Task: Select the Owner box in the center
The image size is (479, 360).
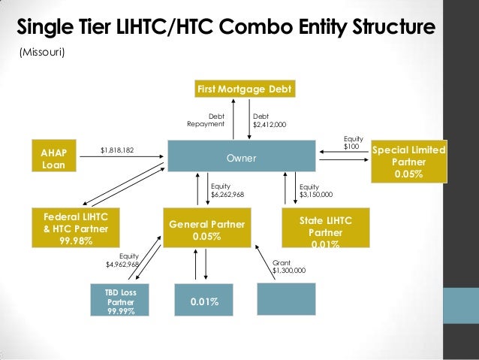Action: pyautogui.click(x=241, y=159)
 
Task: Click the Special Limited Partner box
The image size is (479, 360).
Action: pyautogui.click(x=409, y=162)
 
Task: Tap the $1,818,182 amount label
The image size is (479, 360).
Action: pyautogui.click(x=117, y=150)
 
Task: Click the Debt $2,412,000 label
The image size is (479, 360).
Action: pyautogui.click(x=269, y=120)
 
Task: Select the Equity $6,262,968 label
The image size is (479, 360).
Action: pyautogui.click(x=227, y=190)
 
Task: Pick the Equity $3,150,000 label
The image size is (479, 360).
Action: pyautogui.click(x=315, y=190)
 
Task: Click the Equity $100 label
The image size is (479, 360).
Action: pyautogui.click(x=351, y=142)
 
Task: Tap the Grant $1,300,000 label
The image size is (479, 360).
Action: pyautogui.click(x=288, y=265)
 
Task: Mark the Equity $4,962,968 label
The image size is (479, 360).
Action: pyautogui.click(x=123, y=260)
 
